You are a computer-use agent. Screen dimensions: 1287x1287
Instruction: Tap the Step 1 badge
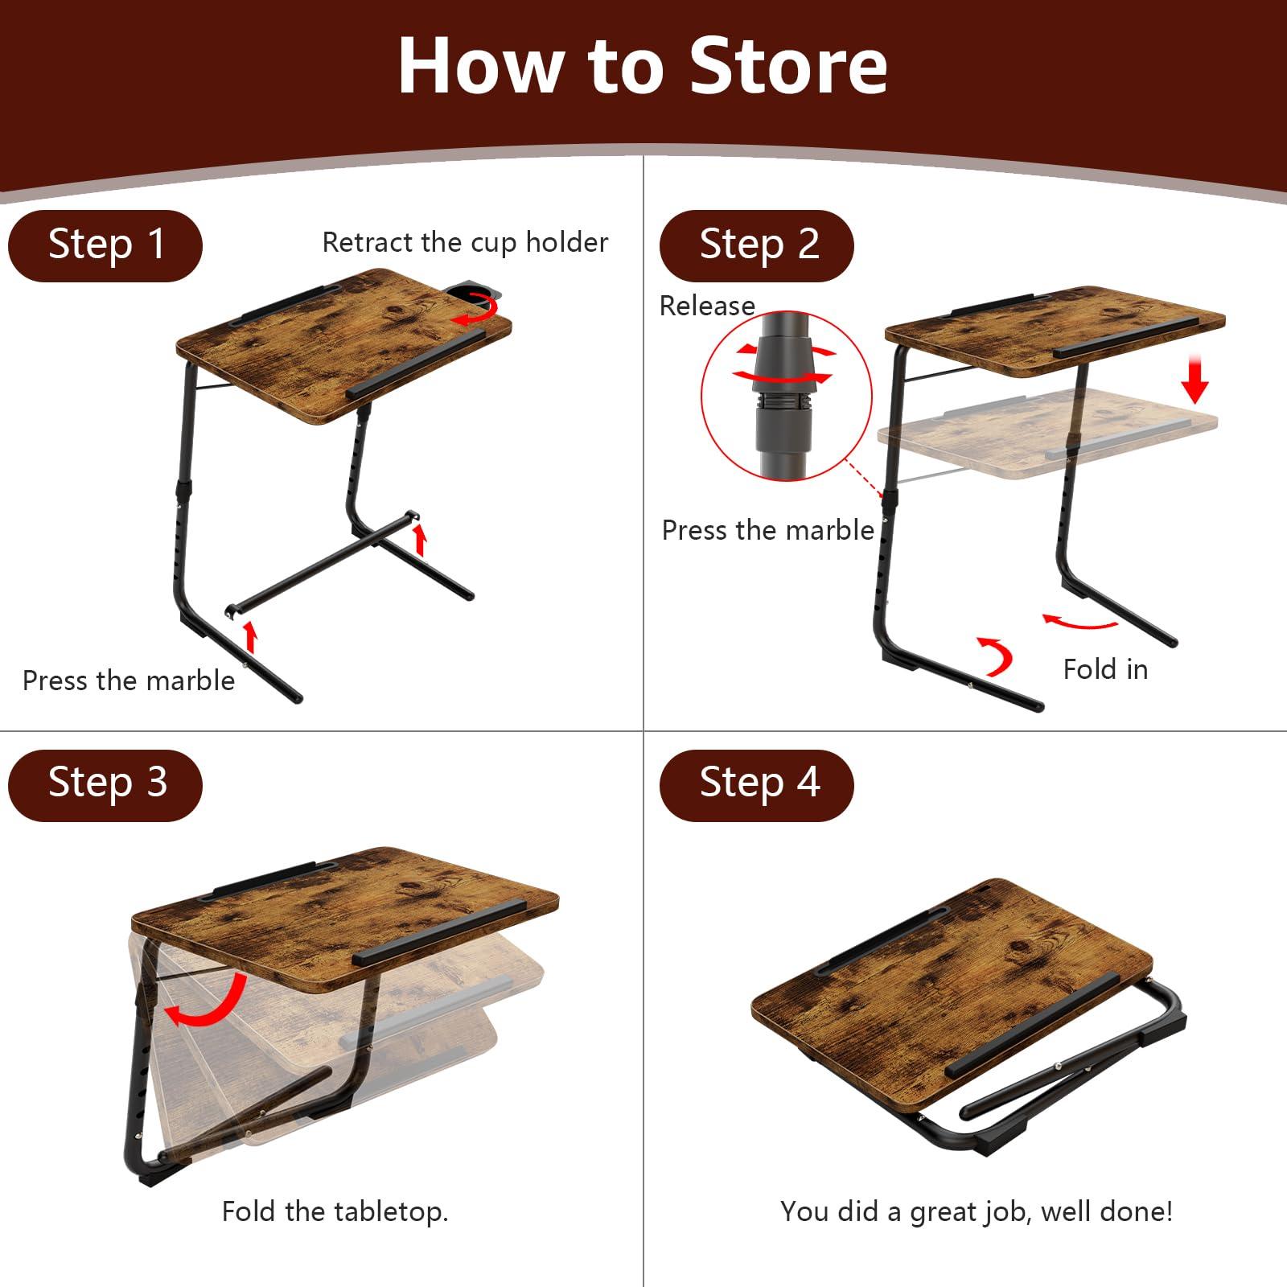coord(105,245)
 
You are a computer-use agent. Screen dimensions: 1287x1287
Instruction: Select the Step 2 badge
coord(757,245)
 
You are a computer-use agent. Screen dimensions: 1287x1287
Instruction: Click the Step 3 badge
coord(105,784)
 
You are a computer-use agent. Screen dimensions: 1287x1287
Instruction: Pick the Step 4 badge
coord(757,784)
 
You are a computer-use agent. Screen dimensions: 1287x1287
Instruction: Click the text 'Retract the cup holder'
coord(465,242)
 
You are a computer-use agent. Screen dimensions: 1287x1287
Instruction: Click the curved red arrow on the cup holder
coord(475,310)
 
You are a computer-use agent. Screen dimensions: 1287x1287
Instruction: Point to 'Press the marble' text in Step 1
coord(129,681)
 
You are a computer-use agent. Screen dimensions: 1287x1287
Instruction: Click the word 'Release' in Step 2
coord(707,306)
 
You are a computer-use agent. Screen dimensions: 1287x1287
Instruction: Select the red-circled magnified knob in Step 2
coord(786,394)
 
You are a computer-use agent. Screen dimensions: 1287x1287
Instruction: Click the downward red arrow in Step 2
coord(1195,380)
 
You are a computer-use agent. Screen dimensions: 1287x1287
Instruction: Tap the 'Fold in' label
coord(1105,669)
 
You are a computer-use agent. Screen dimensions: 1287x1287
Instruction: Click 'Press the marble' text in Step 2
coord(767,530)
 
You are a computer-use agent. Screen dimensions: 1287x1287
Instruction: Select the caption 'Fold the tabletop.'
coord(335,1211)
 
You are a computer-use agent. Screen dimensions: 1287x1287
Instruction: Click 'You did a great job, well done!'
coord(976,1211)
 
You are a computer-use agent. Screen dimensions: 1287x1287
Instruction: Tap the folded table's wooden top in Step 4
coord(949,973)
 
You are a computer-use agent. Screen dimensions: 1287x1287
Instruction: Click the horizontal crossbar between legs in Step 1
coord(322,563)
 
